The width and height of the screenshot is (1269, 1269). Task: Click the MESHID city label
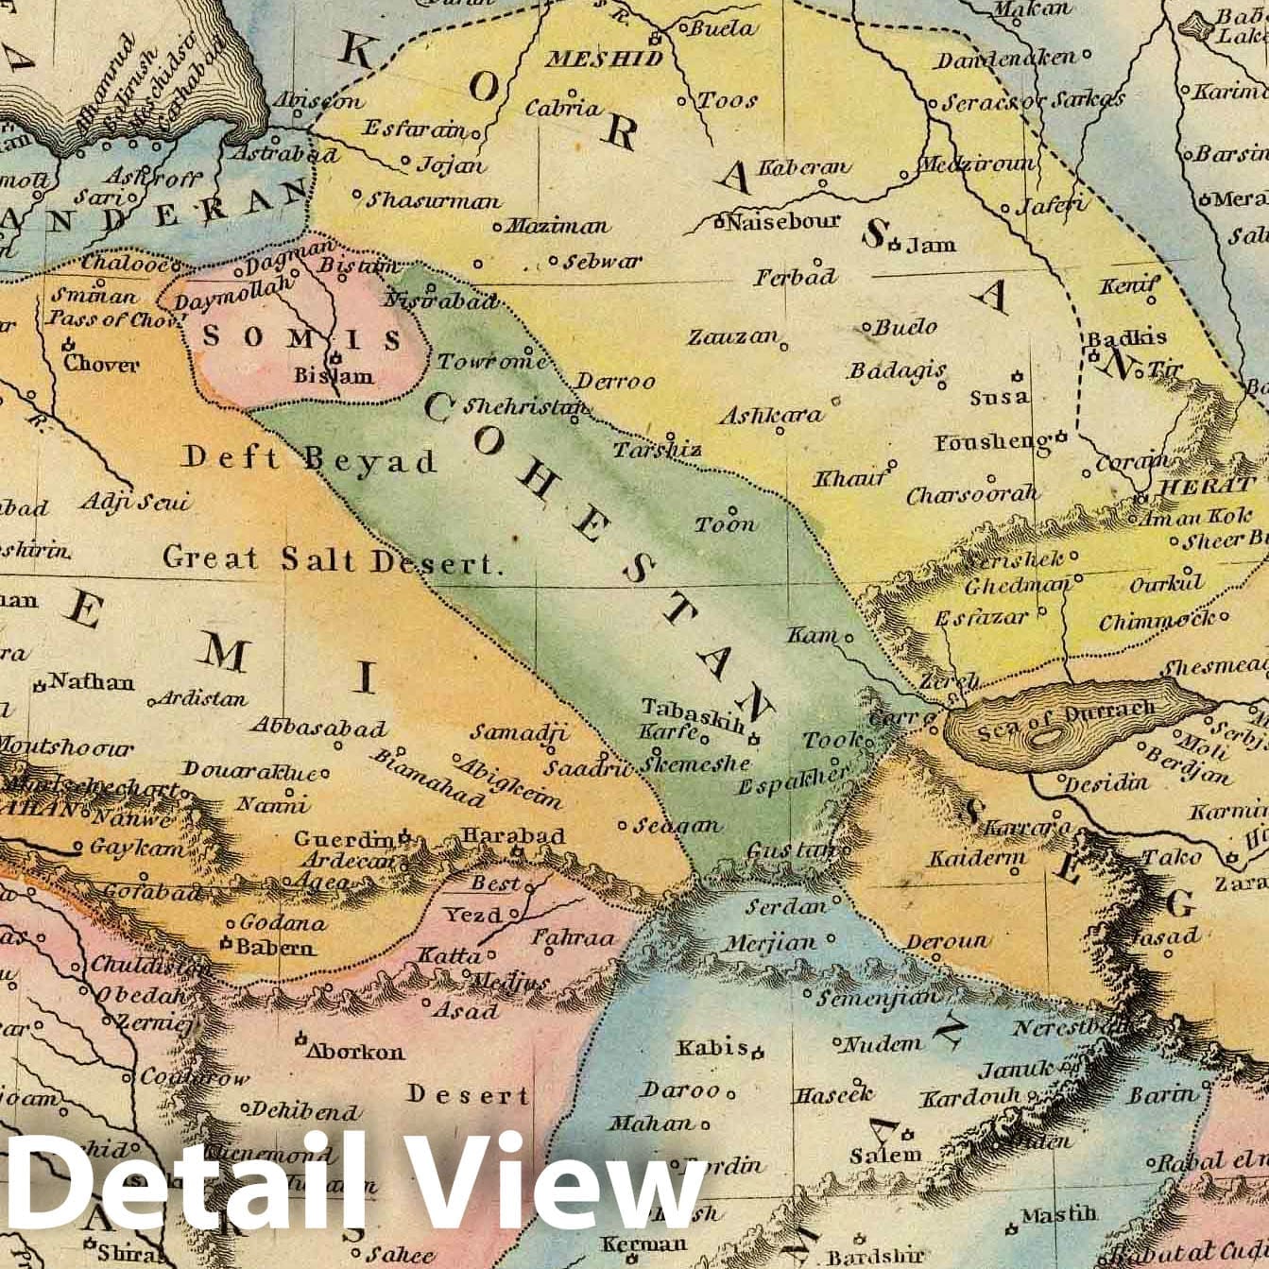click(x=605, y=59)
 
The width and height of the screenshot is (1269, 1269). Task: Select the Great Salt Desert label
click(x=331, y=559)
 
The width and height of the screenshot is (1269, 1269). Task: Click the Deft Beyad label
click(x=310, y=460)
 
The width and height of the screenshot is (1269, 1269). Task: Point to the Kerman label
click(x=643, y=1243)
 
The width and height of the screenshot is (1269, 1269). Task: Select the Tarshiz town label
click(x=657, y=450)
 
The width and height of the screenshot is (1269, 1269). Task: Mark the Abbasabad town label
click(x=318, y=728)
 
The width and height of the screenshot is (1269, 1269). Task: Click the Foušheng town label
click(x=993, y=442)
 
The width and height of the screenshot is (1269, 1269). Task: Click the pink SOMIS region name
click(x=302, y=337)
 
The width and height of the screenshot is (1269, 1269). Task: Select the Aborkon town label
click(x=355, y=1051)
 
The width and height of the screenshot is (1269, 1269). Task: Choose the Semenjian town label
click(x=878, y=997)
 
